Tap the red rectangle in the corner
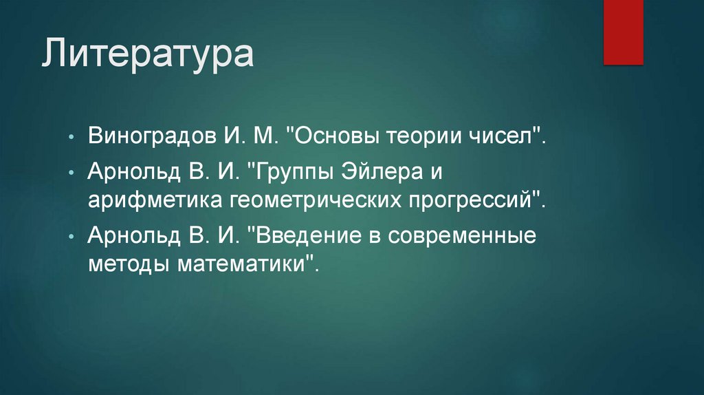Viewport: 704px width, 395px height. pos(623,32)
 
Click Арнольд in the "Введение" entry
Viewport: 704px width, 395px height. pos(127,234)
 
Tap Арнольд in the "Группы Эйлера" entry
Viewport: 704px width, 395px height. pos(127,169)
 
